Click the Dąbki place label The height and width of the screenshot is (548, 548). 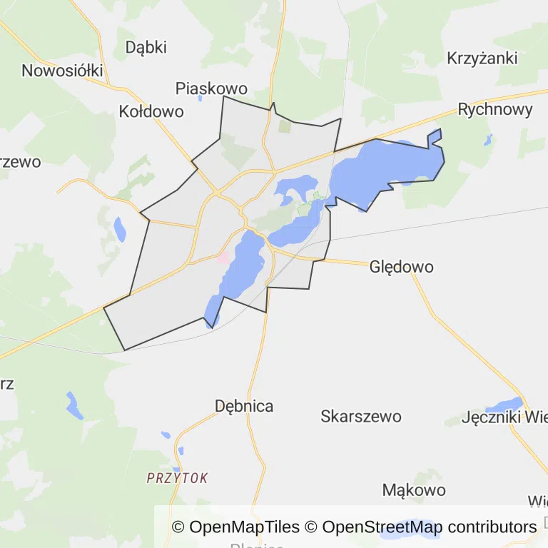(x=146, y=47)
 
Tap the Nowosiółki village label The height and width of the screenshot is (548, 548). (x=63, y=71)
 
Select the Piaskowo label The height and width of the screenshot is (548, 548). (x=211, y=88)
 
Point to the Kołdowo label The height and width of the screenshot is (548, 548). (x=151, y=111)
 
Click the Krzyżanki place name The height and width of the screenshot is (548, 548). (x=482, y=59)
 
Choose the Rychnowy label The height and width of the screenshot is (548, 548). (x=495, y=109)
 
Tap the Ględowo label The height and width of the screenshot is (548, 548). (x=401, y=267)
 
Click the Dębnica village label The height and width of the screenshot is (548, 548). (x=244, y=406)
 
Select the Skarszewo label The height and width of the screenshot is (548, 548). (x=361, y=416)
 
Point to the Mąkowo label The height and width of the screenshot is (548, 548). (x=414, y=490)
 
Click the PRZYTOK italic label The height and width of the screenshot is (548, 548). (x=177, y=478)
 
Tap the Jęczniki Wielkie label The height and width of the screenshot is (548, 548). (x=504, y=417)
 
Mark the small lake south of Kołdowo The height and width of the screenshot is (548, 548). (x=119, y=229)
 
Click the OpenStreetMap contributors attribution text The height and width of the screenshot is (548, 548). (x=429, y=527)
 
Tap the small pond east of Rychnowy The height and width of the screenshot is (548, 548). (x=488, y=139)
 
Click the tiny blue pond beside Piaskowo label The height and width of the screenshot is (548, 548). (x=201, y=98)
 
